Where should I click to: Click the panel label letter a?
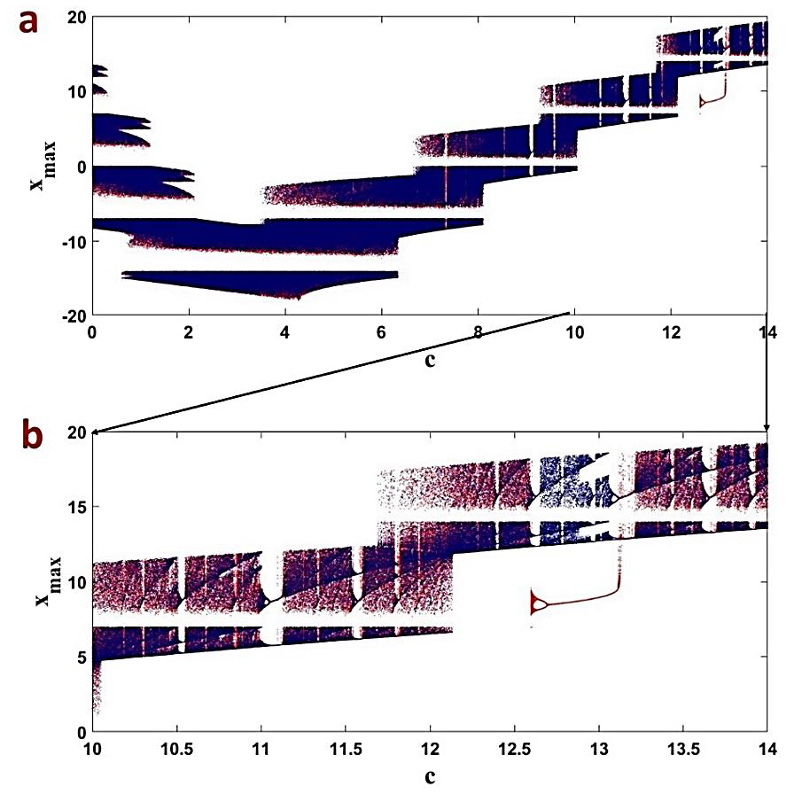coord(29,21)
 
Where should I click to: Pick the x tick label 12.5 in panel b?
coord(514,749)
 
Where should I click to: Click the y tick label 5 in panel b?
coord(81,657)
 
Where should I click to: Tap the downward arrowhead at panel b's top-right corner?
coord(767,427)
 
